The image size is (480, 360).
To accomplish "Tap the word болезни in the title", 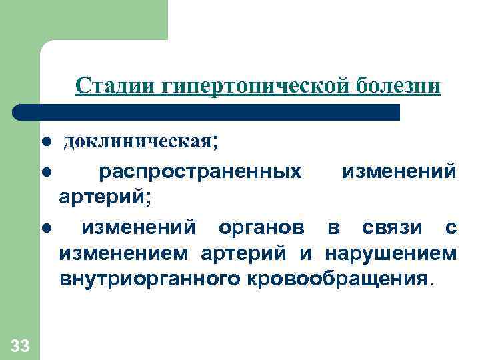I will click(398, 86).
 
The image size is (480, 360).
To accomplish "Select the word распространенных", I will click(199, 172).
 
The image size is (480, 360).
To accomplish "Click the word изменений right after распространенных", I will click(399, 172).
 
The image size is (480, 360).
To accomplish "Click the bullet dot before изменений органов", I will click(46, 228).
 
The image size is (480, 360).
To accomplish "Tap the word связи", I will click(388, 228).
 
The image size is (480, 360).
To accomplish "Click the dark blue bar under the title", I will click(207, 111).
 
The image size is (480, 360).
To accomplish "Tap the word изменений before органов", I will click(139, 228).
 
